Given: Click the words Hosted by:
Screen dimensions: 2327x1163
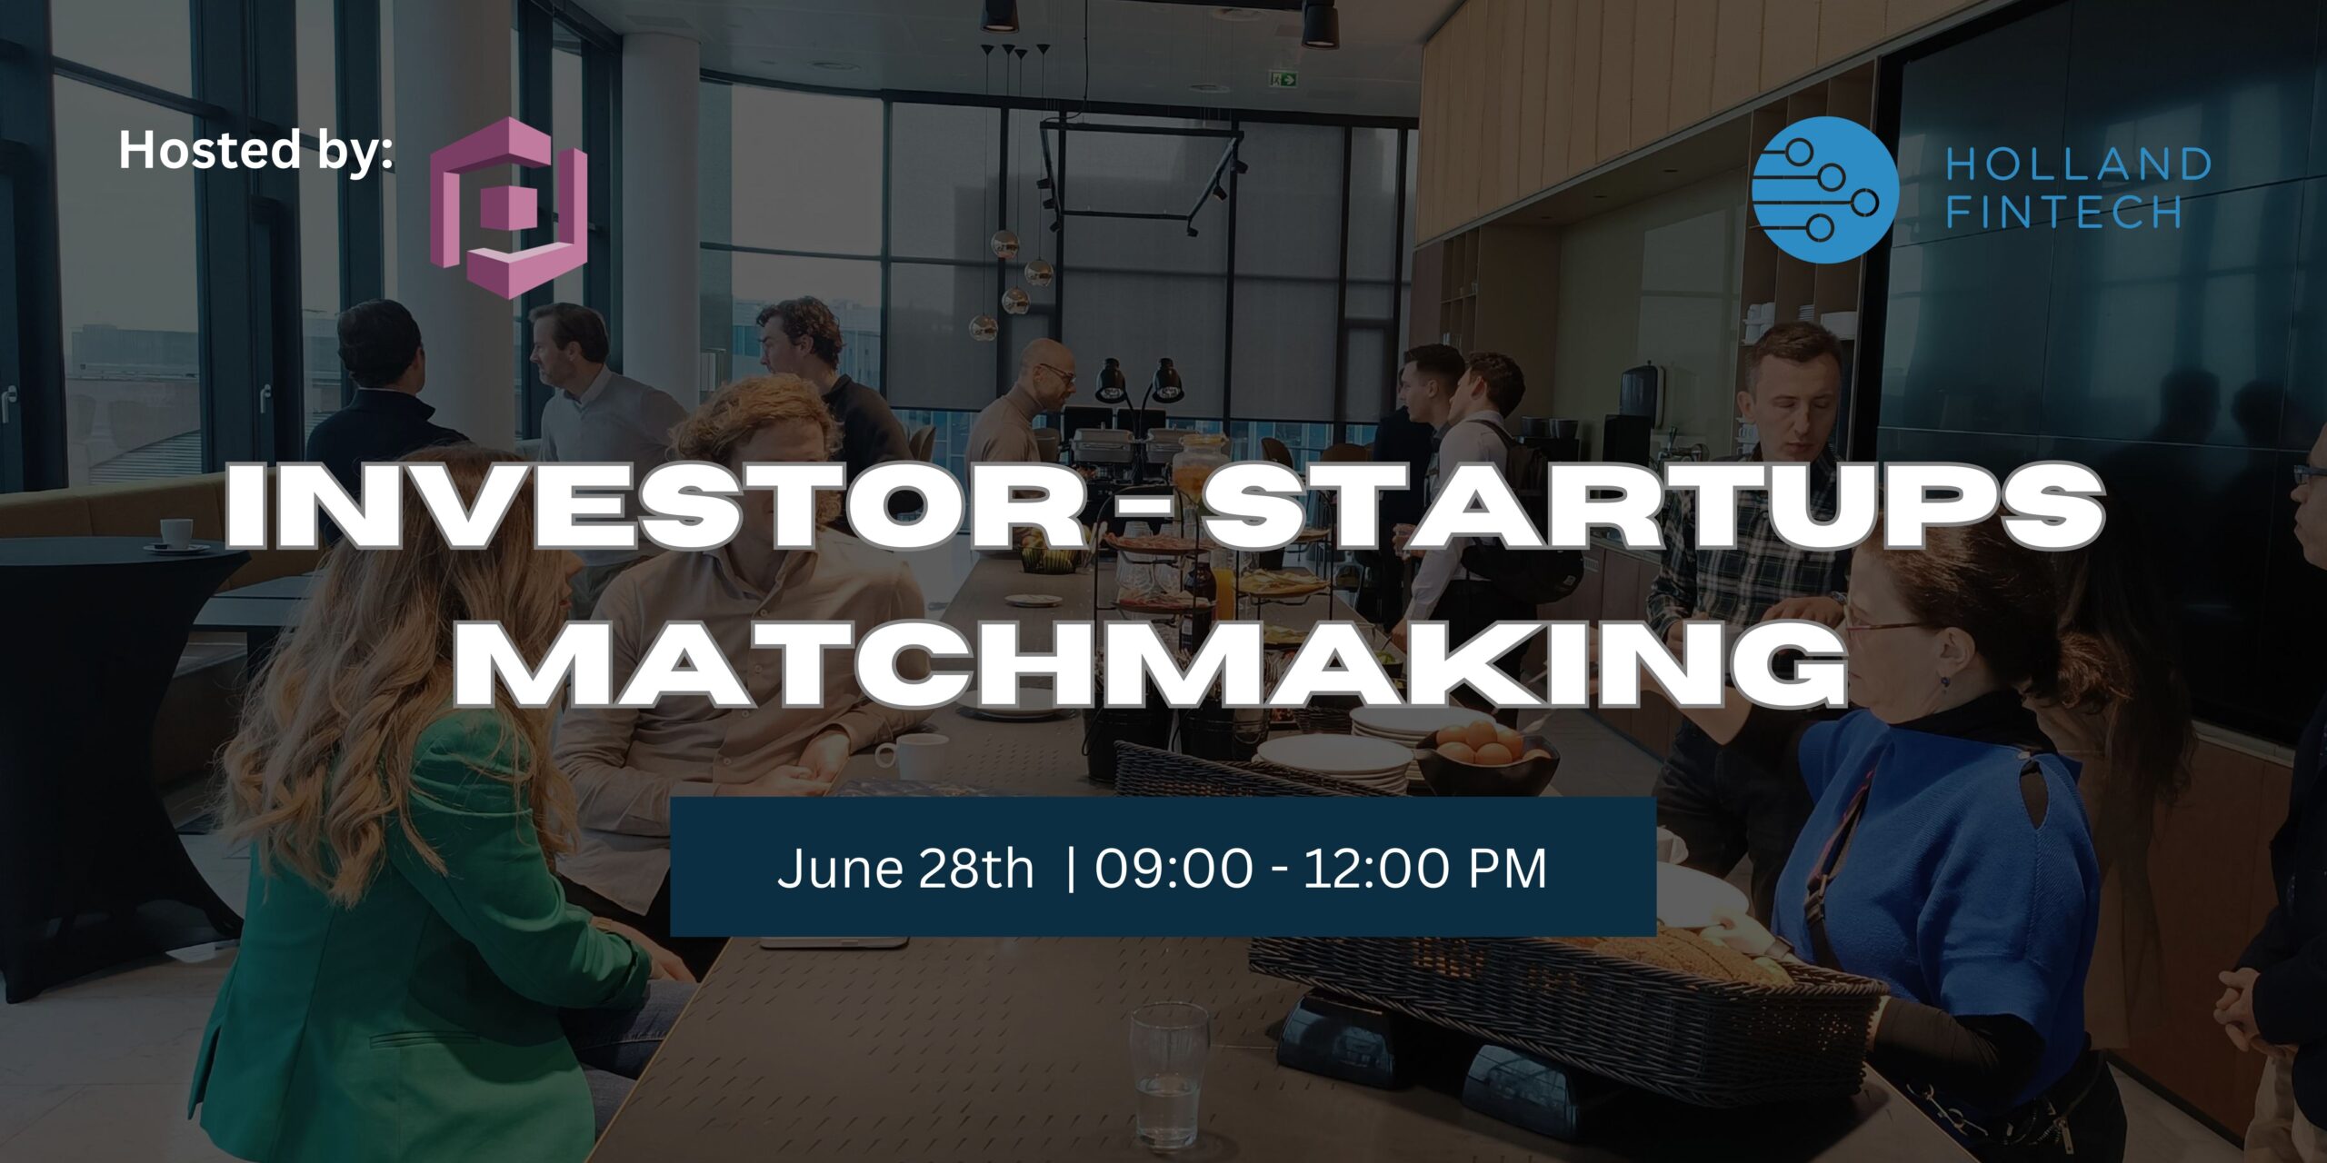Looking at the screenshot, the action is (255, 151).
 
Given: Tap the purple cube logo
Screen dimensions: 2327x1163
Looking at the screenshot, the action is (508, 208).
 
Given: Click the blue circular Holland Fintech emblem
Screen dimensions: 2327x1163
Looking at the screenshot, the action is (1824, 190).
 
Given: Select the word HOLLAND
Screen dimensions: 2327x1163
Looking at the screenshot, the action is (2078, 164).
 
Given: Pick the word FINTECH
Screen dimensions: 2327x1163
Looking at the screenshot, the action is (2063, 212).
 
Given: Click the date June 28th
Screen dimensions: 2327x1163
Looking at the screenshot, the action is (905, 869).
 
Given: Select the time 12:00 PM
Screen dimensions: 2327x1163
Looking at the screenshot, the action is (1425, 869).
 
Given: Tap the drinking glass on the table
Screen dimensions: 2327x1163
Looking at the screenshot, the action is (1169, 1074).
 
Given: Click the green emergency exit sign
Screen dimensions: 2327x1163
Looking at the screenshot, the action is (1284, 80).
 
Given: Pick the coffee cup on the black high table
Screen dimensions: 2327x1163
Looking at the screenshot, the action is (175, 535).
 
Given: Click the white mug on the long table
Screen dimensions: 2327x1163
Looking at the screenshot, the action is (911, 757).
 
